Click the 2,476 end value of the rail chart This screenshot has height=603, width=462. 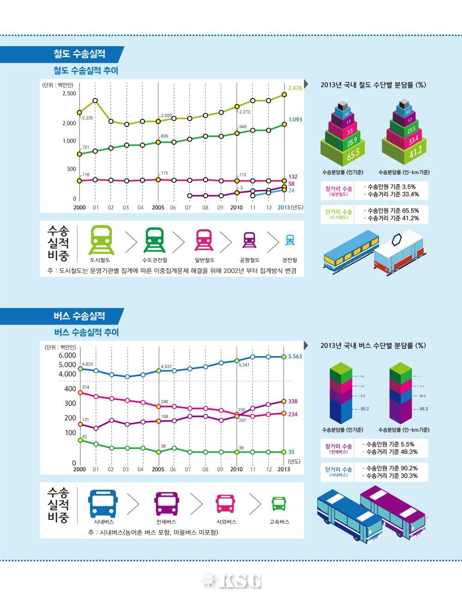pos(294,88)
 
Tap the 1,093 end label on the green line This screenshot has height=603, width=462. pos(295,120)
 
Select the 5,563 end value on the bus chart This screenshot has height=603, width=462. pos(295,357)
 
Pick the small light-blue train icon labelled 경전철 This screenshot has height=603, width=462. pos(290,240)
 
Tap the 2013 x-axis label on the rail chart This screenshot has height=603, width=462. pos(284,208)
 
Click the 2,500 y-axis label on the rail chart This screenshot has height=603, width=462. pos(68,93)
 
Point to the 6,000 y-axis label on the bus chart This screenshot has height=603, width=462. pos(67,355)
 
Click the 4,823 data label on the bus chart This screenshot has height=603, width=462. pos(87,364)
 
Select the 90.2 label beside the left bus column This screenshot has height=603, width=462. pos(364,409)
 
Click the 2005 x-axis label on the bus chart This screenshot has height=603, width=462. pos(158,469)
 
